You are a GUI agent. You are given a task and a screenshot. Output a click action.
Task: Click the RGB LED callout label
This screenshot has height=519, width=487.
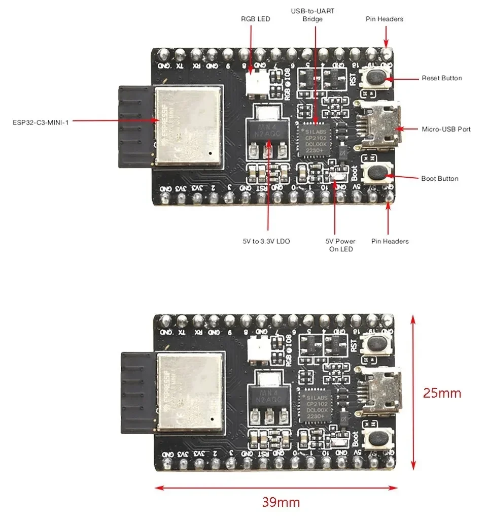pyautogui.click(x=255, y=19)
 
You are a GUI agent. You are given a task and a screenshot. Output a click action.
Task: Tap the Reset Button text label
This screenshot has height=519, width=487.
pyautogui.click(x=441, y=78)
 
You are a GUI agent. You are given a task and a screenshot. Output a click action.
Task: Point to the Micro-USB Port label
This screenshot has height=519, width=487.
pyautogui.click(x=446, y=129)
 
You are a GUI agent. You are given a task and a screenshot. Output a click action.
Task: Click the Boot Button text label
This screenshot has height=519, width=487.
pyautogui.click(x=439, y=178)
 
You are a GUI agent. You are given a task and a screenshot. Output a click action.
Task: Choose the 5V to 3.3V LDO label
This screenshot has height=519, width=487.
pyautogui.click(x=266, y=241)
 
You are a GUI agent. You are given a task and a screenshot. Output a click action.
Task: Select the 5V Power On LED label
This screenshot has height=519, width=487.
pyautogui.click(x=340, y=245)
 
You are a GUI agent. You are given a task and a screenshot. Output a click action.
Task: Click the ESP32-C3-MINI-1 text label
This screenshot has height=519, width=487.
pyautogui.click(x=41, y=122)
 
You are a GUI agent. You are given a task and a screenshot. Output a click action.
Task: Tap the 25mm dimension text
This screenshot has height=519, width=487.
pyautogui.click(x=442, y=393)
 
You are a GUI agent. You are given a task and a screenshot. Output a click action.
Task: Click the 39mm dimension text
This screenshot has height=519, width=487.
pyautogui.click(x=281, y=502)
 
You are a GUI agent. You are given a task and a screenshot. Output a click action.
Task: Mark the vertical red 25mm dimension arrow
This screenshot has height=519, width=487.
pyautogui.click(x=413, y=392)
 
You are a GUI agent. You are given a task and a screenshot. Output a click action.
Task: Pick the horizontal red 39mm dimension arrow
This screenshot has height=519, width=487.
pyautogui.click(x=276, y=488)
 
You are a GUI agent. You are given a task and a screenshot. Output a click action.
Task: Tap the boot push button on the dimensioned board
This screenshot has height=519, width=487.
pyautogui.click(x=375, y=437)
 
